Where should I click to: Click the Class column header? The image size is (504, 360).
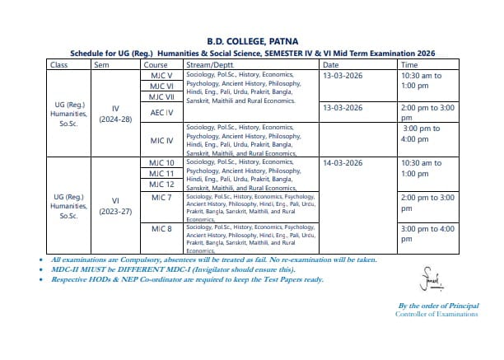click(58, 64)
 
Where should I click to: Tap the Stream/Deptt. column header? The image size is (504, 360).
click(211, 64)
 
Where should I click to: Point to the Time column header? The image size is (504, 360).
click(409, 64)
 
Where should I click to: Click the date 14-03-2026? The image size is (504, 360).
click(343, 163)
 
